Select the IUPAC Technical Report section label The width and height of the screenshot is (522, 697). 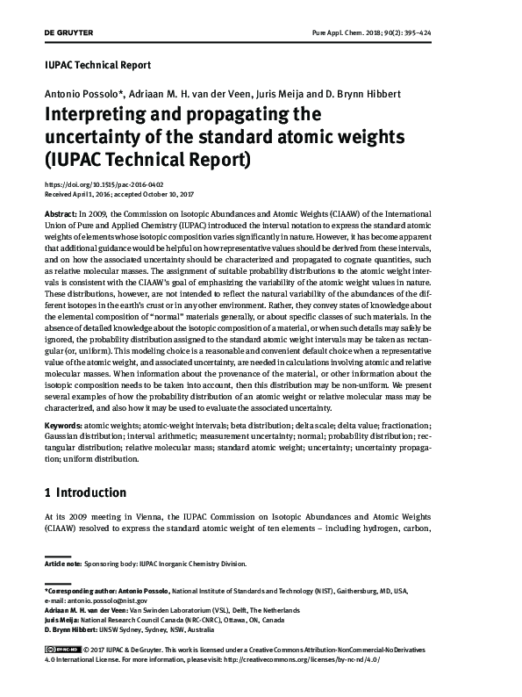pyautogui.click(x=97, y=66)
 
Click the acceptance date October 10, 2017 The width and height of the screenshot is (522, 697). pyautogui.click(x=170, y=196)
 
